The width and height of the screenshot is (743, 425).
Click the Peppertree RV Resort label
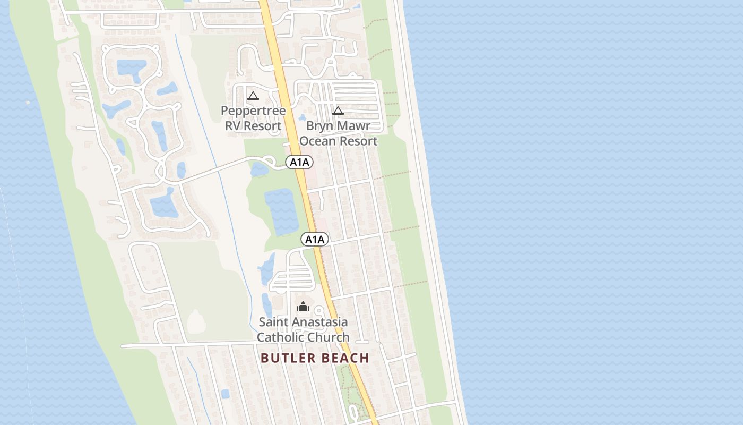[253, 118]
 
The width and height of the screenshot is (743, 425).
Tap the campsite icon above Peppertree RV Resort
[253, 96]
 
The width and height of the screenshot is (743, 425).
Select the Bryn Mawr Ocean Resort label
[338, 133]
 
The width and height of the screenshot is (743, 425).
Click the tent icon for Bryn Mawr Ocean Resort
[338, 110]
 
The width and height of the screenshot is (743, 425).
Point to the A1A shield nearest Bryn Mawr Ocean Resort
[299, 162]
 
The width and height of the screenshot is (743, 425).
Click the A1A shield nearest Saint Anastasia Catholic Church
[315, 240]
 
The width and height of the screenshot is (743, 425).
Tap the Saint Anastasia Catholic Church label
[303, 329]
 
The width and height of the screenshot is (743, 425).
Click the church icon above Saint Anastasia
[303, 307]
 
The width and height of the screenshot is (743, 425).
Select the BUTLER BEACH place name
[315, 358]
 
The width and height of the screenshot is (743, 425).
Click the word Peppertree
[253, 110]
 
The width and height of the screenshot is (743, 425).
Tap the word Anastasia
[323, 322]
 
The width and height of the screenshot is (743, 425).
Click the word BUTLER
[287, 358]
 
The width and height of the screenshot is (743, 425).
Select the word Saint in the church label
[274, 322]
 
